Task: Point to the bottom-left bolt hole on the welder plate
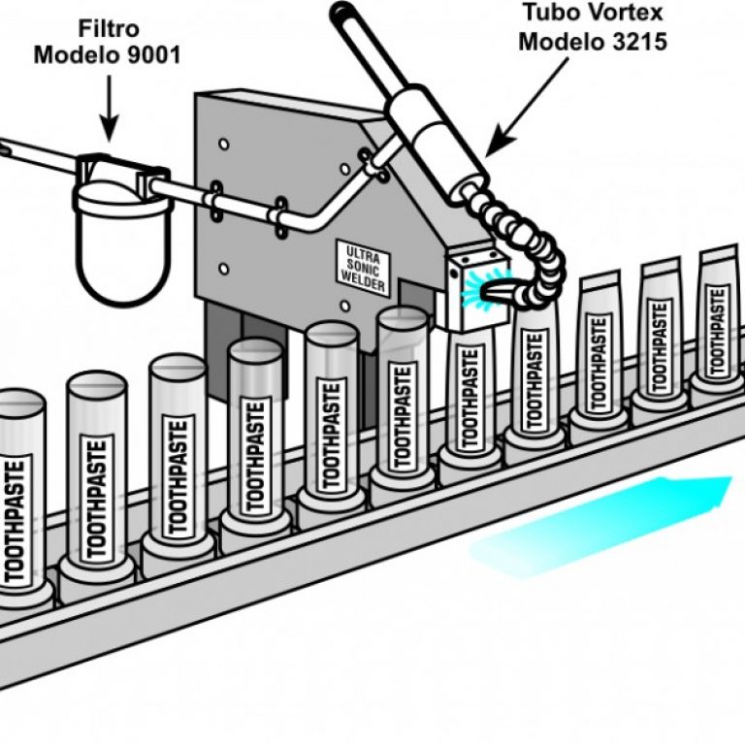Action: click(224, 269)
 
